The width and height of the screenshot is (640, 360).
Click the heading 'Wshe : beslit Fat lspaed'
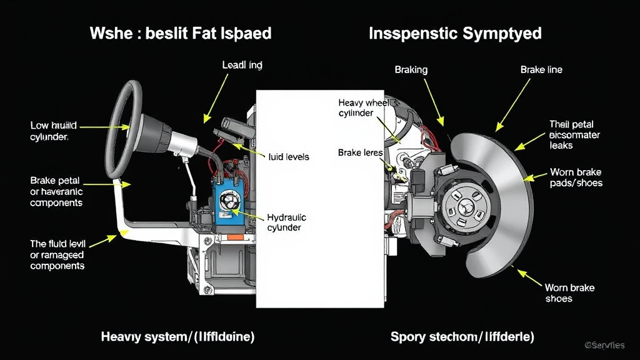(x=181, y=33)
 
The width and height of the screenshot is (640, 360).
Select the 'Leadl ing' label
(x=242, y=64)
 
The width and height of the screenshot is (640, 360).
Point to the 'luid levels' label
(x=289, y=156)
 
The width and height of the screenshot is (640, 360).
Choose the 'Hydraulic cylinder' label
(x=287, y=222)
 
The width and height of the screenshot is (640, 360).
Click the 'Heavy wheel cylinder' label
(x=365, y=107)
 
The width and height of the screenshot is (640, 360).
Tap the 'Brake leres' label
(x=360, y=152)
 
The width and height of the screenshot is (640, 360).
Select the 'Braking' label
(x=411, y=69)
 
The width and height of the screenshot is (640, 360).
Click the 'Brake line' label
(x=541, y=69)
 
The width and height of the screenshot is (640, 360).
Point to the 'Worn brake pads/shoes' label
(x=576, y=177)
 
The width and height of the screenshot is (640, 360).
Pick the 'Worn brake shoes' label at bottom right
(x=569, y=293)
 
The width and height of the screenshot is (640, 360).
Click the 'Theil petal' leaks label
(x=574, y=134)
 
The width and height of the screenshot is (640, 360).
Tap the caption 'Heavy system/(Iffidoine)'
(x=177, y=337)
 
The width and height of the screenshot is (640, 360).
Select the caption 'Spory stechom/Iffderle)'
(x=462, y=337)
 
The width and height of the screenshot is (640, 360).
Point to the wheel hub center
(x=466, y=206)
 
